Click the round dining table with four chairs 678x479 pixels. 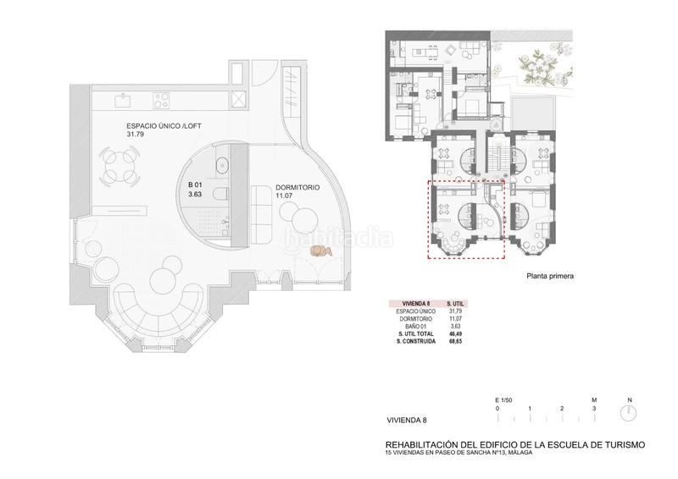tap(119, 166)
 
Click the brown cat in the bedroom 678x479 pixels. tap(320, 251)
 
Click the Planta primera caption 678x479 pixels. tap(550, 275)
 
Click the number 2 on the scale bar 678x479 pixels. tap(562, 408)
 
